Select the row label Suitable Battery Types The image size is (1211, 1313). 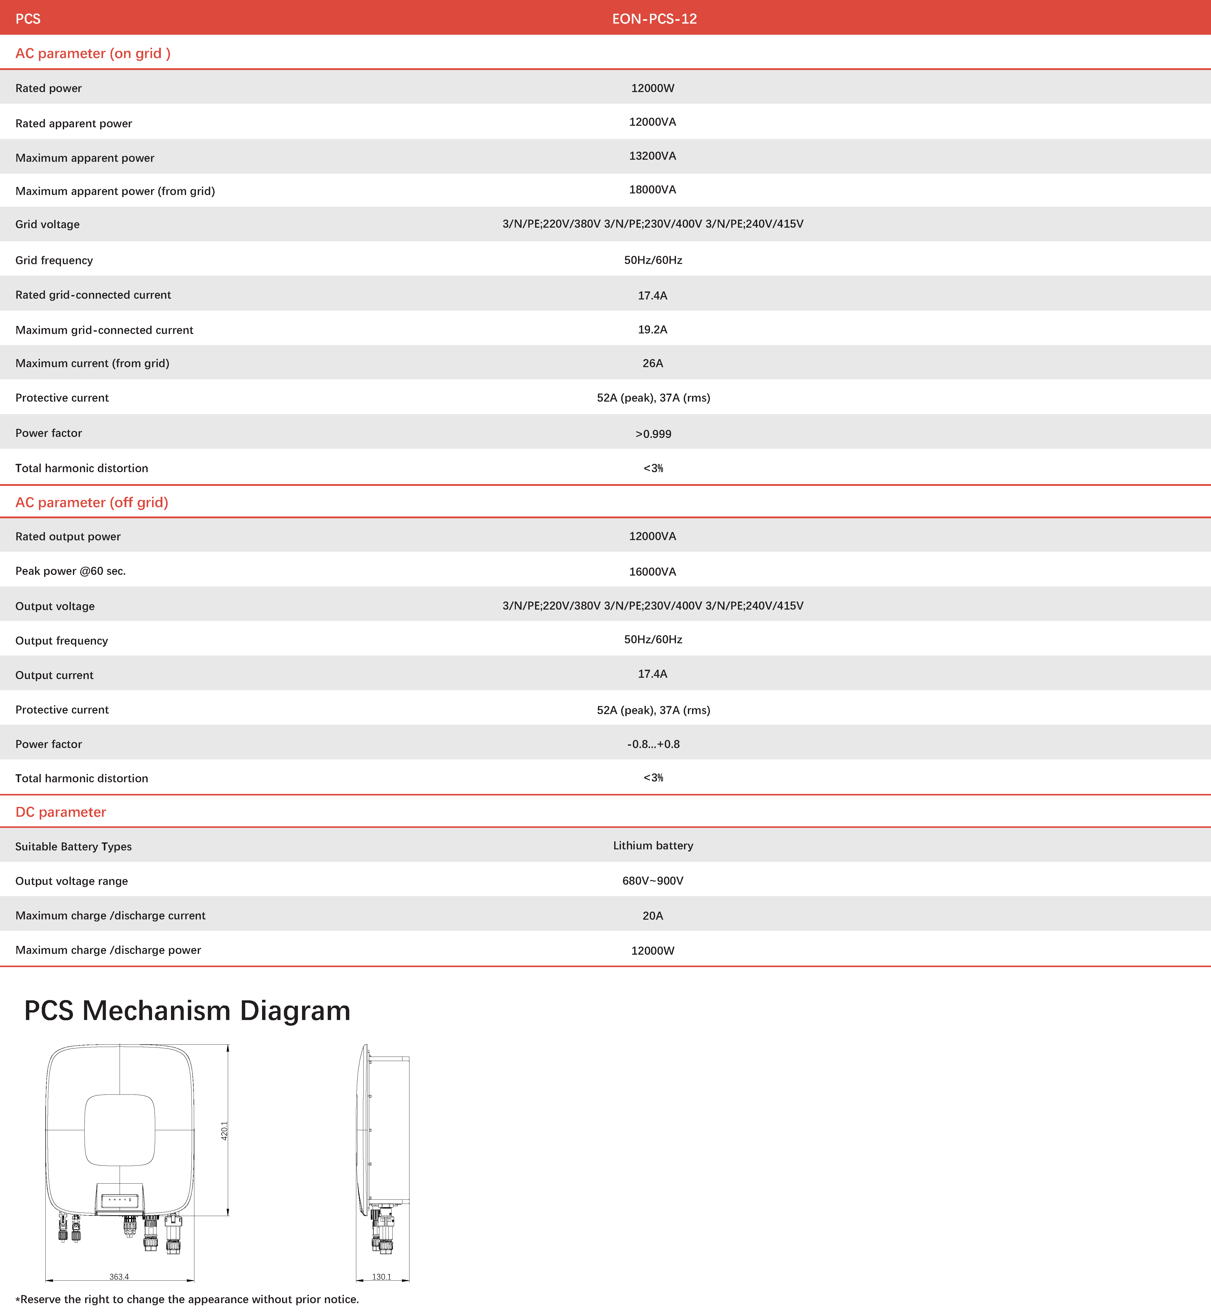[x=73, y=846]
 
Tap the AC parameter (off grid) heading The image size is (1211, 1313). [x=92, y=502]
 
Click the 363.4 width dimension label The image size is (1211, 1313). [x=119, y=1276]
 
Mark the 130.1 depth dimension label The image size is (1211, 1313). [x=381, y=1276]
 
